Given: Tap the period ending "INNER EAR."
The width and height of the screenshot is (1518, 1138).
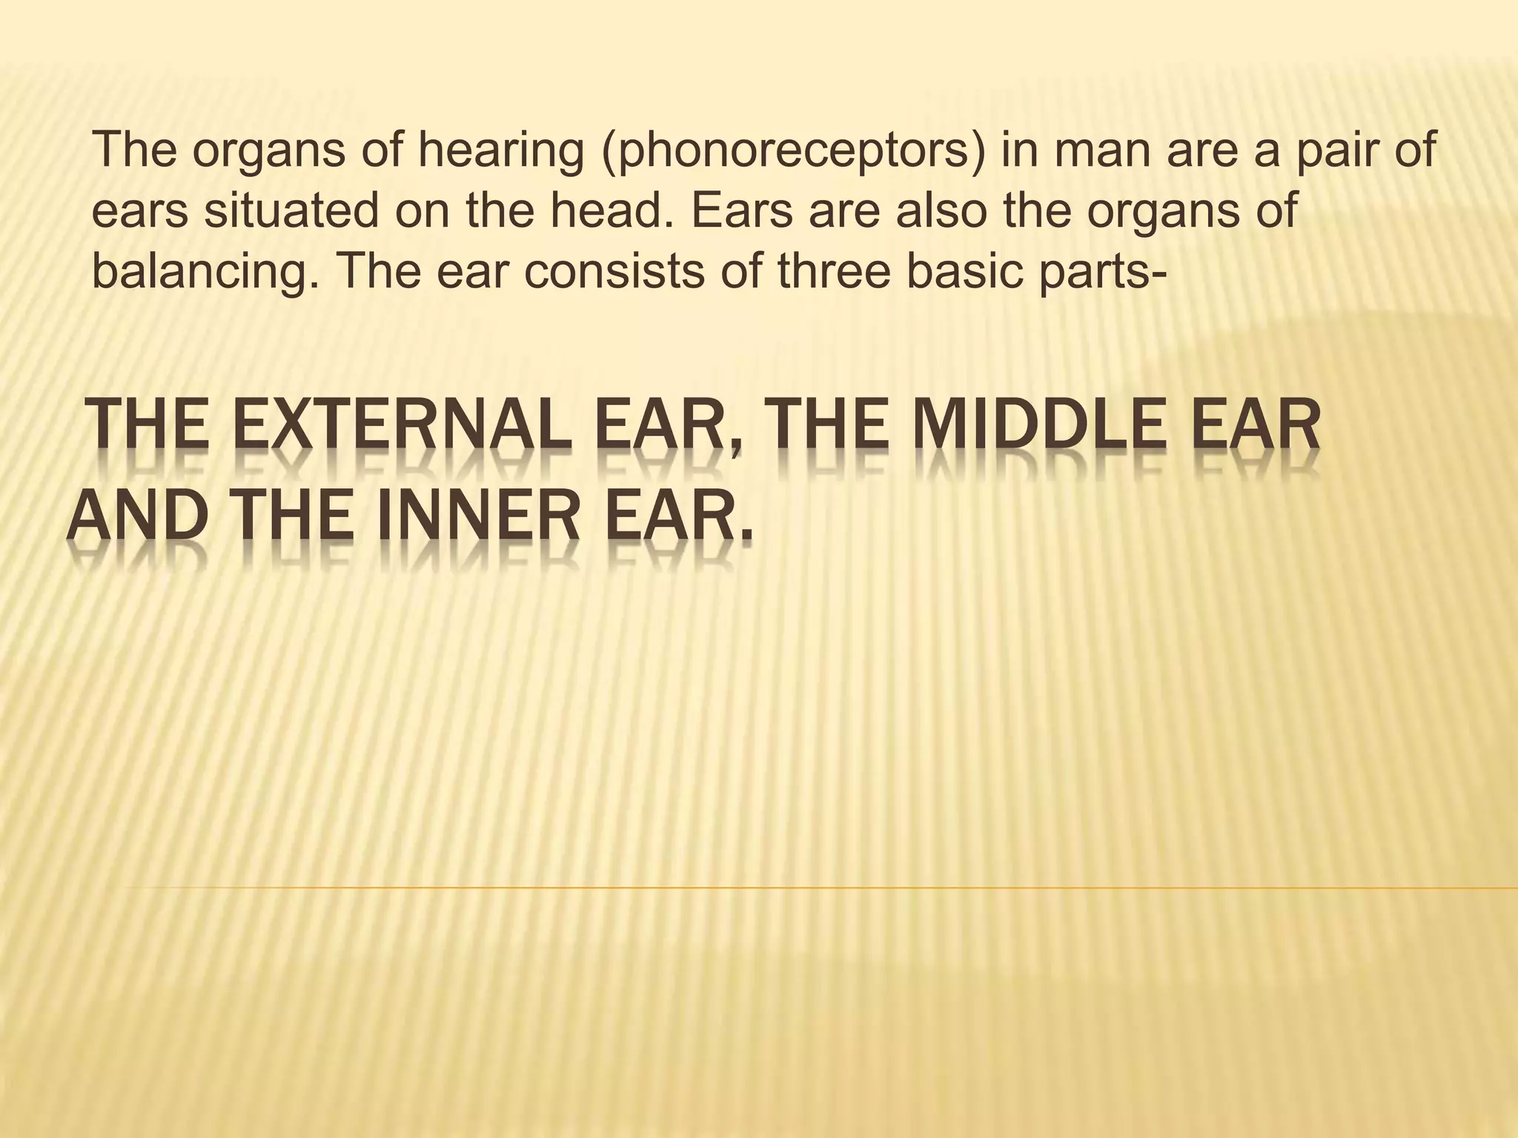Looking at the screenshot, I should [x=745, y=538].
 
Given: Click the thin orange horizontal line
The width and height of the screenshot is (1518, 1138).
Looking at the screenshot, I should [x=815, y=887].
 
